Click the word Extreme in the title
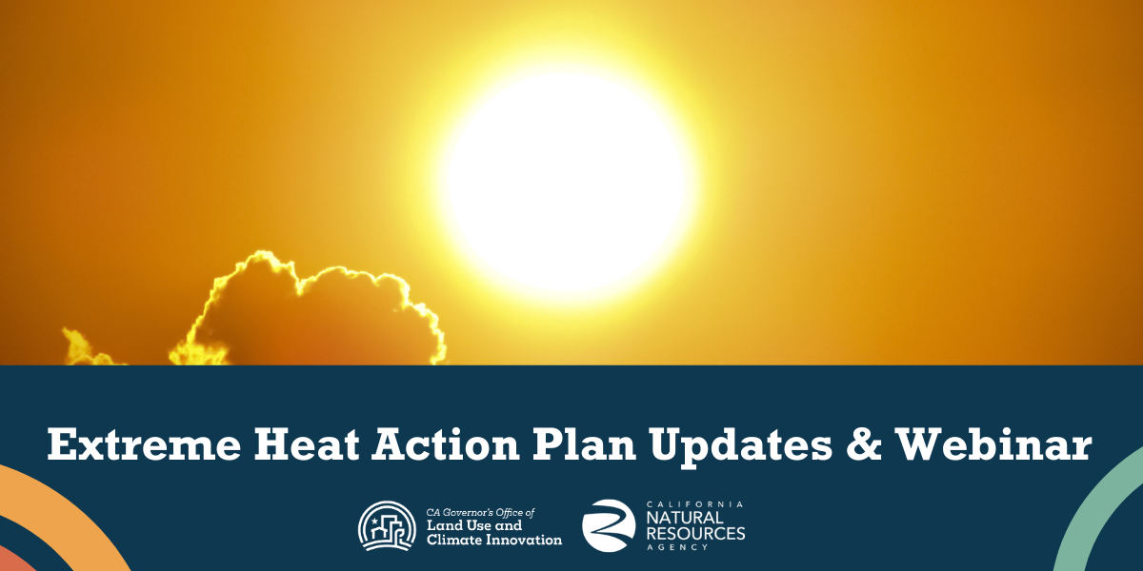[x=144, y=444]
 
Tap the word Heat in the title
[x=307, y=444]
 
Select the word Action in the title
[x=446, y=444]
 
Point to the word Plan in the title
[x=584, y=444]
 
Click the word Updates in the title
[x=741, y=444]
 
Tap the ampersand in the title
[x=863, y=444]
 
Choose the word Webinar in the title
[x=993, y=444]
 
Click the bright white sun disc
[x=566, y=181]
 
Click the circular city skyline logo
[x=387, y=525]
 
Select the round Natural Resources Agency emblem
[x=609, y=525]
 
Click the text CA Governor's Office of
[x=481, y=512]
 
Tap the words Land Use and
[x=474, y=525]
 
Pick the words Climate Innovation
[x=494, y=540]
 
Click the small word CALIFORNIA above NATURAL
[x=694, y=504]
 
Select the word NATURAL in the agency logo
[x=685, y=518]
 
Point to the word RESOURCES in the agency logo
[x=696, y=534]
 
